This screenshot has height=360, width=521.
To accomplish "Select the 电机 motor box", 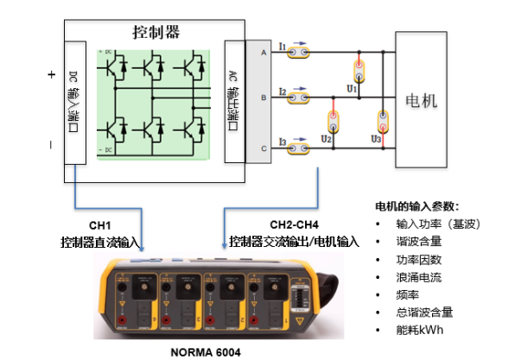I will (422, 100).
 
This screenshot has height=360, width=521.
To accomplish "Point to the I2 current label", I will (283, 90).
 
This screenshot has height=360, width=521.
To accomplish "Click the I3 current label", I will (283, 140).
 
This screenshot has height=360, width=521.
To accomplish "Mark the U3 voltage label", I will (375, 138).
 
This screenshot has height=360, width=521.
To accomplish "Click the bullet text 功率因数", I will (418, 260).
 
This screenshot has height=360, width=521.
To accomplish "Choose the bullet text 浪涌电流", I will (418, 278).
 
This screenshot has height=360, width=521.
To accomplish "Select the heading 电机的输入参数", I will (416, 206).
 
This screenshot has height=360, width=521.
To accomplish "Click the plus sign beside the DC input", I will (51, 75).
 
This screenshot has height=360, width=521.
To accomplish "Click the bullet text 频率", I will (408, 295).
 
